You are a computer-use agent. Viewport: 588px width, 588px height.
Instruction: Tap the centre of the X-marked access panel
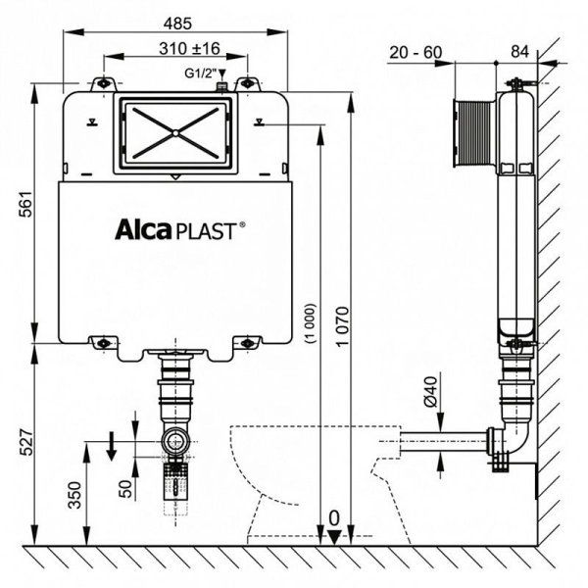(172, 130)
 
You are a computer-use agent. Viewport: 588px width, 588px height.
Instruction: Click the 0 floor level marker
(335, 517)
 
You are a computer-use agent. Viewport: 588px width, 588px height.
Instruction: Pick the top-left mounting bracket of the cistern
(99, 85)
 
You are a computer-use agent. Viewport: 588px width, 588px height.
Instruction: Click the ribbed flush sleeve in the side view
(475, 130)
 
